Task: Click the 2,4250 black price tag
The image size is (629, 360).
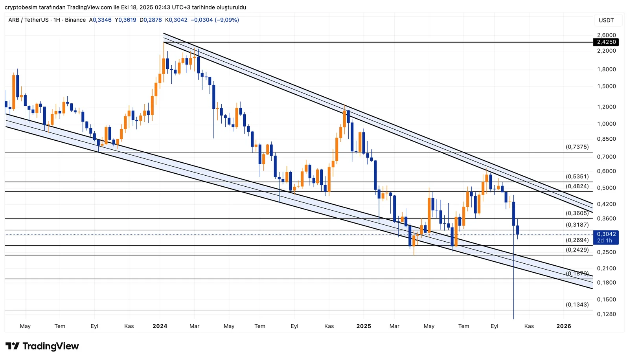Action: pyautogui.click(x=606, y=42)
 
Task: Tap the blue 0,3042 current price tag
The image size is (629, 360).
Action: pyautogui.click(x=606, y=234)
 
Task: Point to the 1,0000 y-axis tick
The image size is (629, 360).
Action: pyautogui.click(x=606, y=124)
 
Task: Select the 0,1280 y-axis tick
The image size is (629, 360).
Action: pyautogui.click(x=606, y=314)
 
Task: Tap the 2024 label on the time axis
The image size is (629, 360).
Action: pyautogui.click(x=160, y=326)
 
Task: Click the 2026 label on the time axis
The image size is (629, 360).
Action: pyautogui.click(x=564, y=326)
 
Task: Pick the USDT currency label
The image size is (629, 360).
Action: pyautogui.click(x=606, y=20)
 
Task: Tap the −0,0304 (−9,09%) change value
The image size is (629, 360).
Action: pyautogui.click(x=215, y=20)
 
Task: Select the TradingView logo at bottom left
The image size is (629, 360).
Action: pyautogui.click(x=42, y=346)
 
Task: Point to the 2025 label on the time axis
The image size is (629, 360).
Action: pyautogui.click(x=364, y=326)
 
